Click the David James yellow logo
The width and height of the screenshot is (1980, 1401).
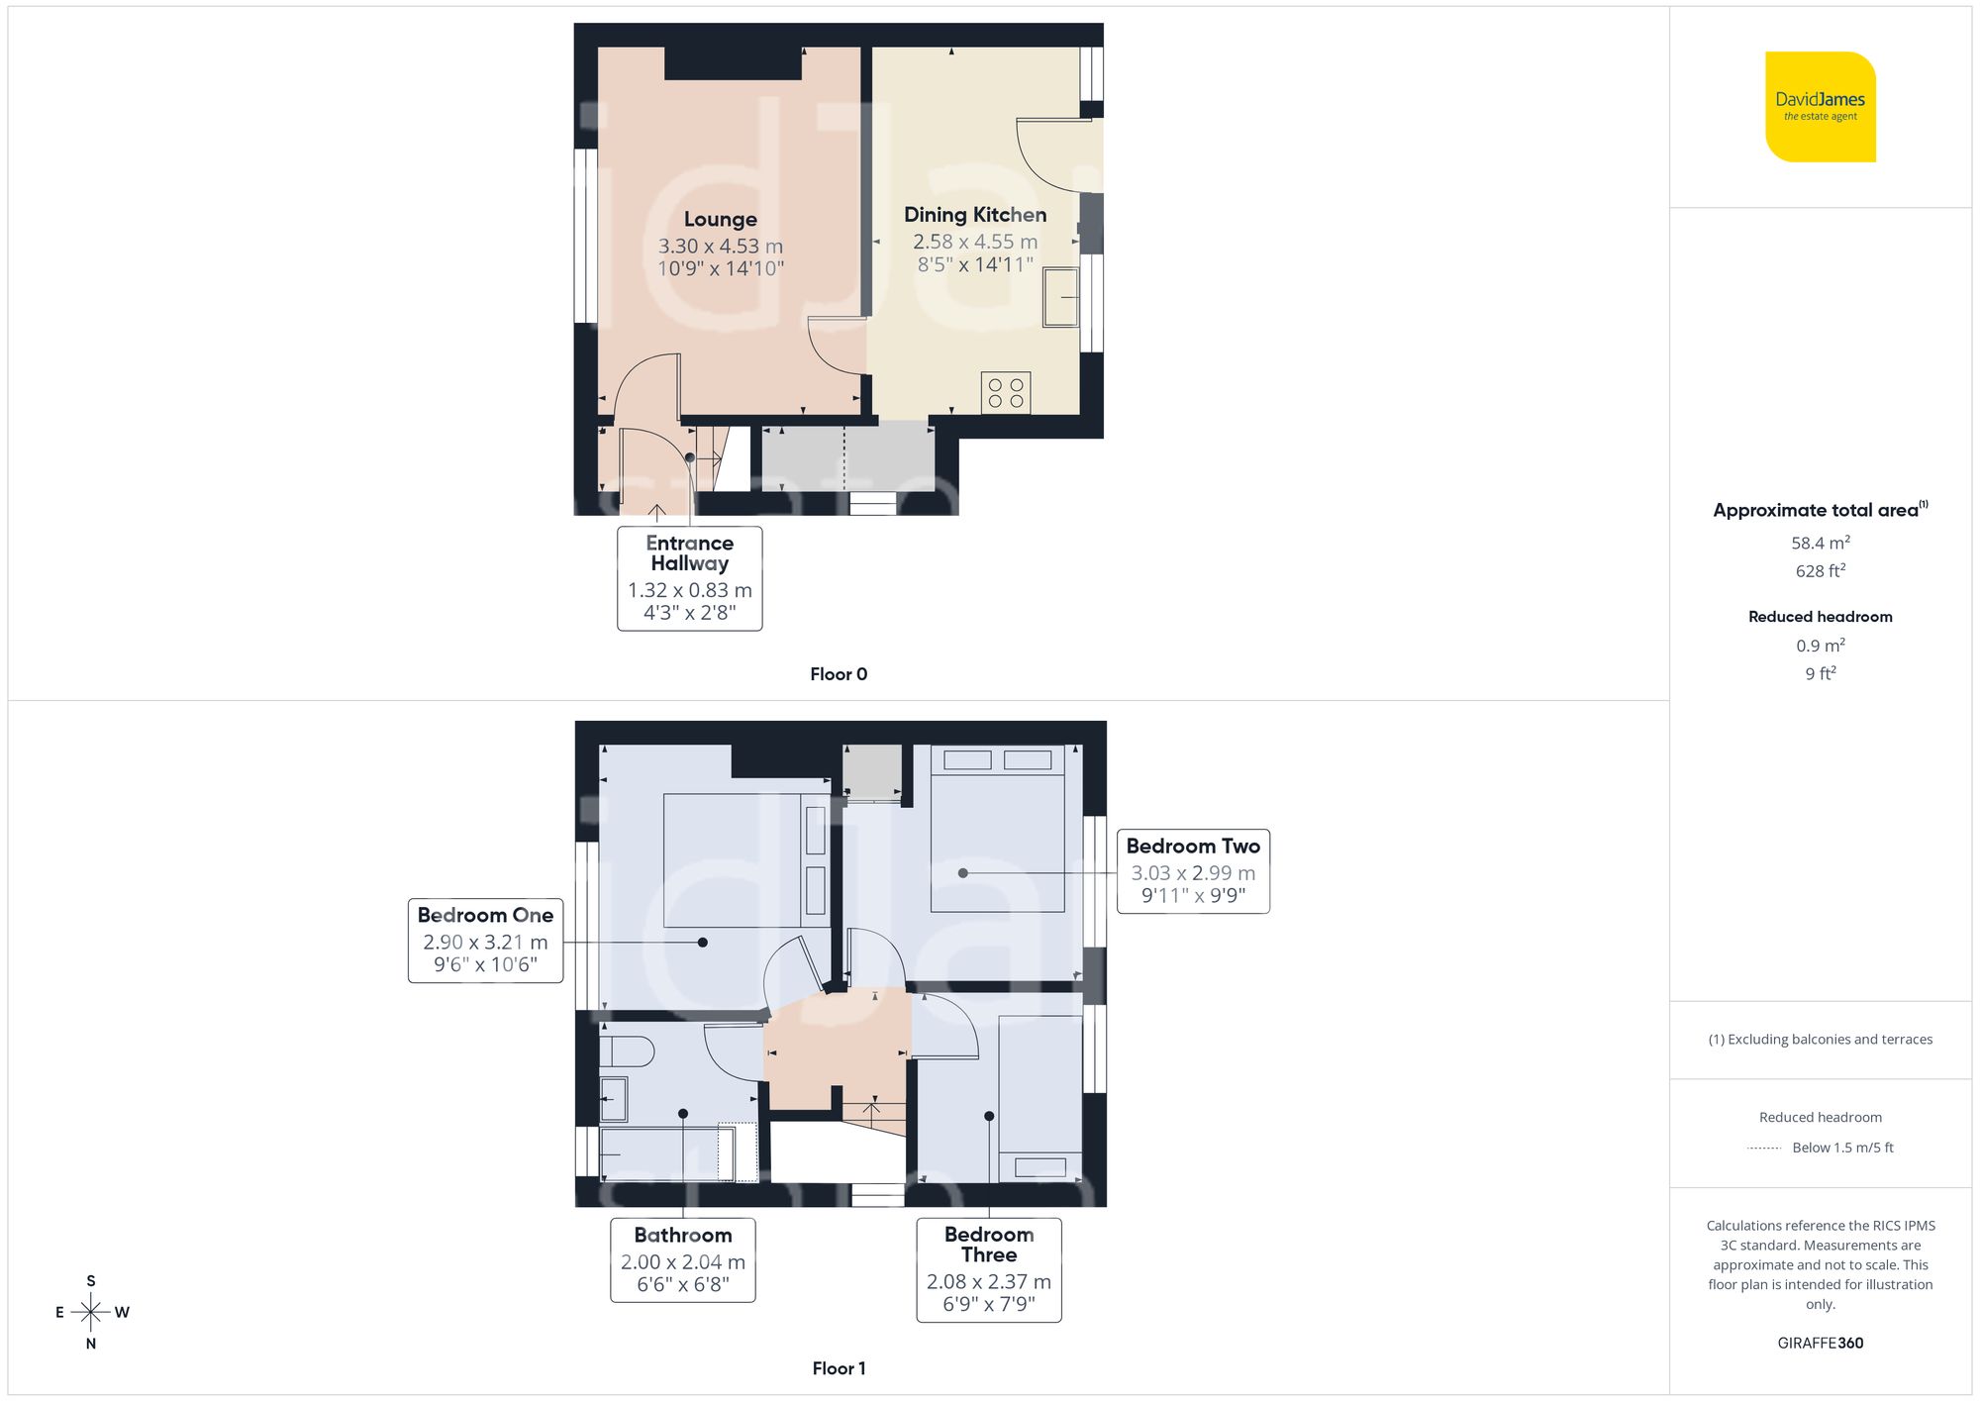[1820, 107]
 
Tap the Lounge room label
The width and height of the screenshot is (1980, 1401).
[720, 220]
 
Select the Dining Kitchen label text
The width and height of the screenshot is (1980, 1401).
[974, 215]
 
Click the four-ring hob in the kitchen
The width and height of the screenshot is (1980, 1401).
[1006, 392]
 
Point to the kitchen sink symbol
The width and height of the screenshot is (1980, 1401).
[1061, 296]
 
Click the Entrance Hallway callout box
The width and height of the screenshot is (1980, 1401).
[689, 577]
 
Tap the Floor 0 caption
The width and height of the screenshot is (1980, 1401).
[838, 674]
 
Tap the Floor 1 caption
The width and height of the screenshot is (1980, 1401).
[838, 1368]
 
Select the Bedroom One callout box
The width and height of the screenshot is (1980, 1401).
[485, 940]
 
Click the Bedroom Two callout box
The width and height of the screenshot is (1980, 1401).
[1192, 870]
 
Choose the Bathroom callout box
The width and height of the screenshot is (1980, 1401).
[682, 1259]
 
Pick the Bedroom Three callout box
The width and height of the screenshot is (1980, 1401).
[988, 1269]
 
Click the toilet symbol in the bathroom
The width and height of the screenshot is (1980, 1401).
[626, 1051]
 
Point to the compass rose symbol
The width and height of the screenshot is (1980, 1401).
[91, 1312]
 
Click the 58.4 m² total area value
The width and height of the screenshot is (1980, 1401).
[1820, 543]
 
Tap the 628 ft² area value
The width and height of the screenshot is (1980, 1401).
[1820, 570]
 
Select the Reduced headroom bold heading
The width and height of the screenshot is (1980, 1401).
[1820, 616]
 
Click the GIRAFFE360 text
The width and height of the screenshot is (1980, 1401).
[1820, 1343]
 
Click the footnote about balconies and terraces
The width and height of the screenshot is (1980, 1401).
[1820, 1039]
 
